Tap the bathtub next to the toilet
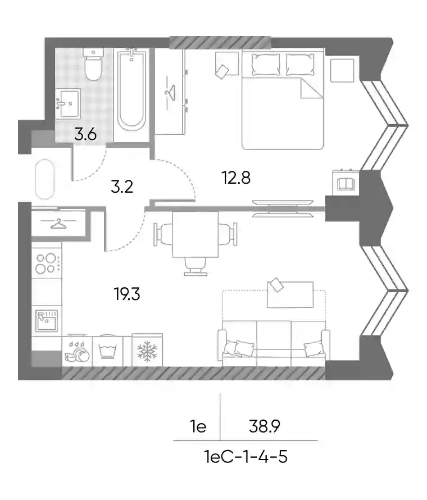coord(131,89)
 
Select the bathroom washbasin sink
coord(68,103)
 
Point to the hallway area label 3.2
coord(122,187)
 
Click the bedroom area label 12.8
coord(236,178)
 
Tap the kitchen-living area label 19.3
coord(127,294)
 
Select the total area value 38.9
coord(265,426)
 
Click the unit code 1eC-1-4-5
coord(246,457)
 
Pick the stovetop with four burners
coord(47,263)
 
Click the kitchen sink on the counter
coord(47,321)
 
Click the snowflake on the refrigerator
coord(147,351)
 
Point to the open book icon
coord(346,184)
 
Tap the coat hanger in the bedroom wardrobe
coord(170,93)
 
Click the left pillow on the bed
coord(266,65)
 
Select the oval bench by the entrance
coord(45,179)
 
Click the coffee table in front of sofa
coord(290,294)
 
